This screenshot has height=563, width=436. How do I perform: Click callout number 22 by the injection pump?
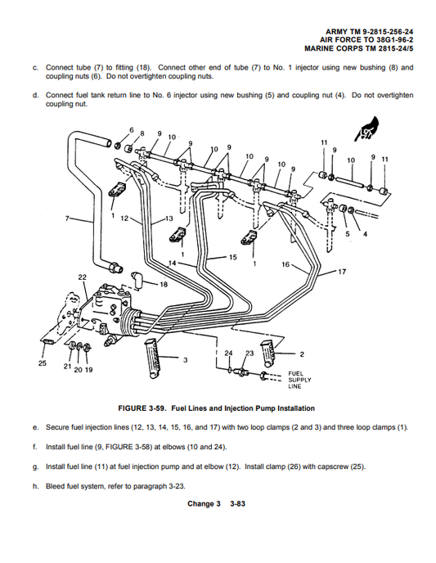[x=82, y=277]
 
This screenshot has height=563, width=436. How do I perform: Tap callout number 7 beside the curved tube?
[x=68, y=219]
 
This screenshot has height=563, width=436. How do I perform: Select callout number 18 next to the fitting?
[x=164, y=284]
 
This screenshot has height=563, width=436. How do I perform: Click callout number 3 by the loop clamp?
[x=186, y=360]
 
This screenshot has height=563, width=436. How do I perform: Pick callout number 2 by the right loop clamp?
[x=302, y=354]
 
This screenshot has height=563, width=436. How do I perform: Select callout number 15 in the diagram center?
[x=232, y=257]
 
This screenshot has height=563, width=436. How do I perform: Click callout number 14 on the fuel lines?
[x=173, y=262]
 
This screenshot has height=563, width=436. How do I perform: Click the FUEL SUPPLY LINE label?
[x=296, y=380]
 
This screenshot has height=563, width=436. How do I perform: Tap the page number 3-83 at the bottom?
[x=237, y=504]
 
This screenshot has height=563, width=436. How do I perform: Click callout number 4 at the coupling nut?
[x=365, y=233]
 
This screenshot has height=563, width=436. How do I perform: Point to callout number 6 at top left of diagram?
[x=131, y=130]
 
